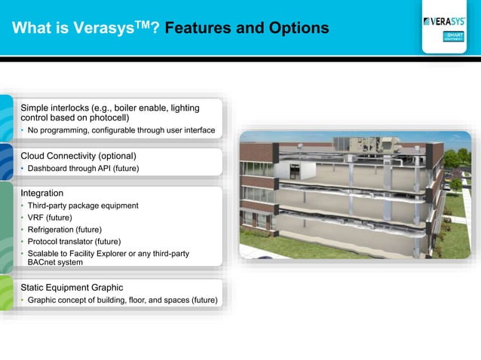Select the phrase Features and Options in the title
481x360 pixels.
click(x=247, y=29)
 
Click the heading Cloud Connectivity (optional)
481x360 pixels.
click(x=78, y=156)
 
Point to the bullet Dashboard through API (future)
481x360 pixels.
click(x=83, y=168)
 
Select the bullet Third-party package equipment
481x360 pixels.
click(x=83, y=206)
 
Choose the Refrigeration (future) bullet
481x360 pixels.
click(x=64, y=229)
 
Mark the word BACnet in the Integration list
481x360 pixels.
click(x=42, y=262)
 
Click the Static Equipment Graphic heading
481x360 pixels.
click(x=72, y=288)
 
